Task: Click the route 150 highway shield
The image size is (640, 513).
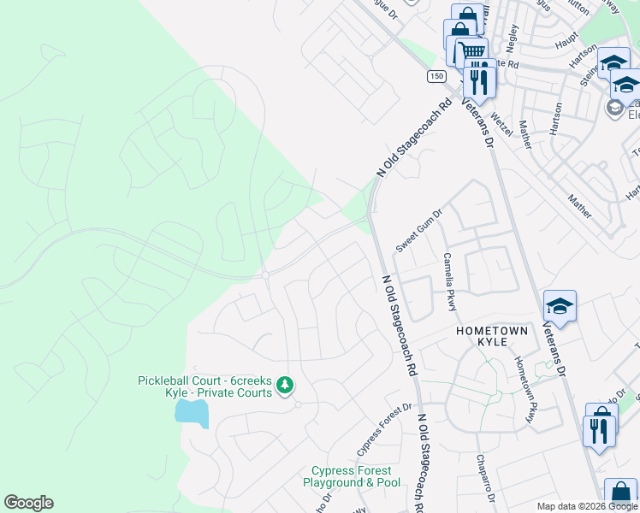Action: tap(437, 76)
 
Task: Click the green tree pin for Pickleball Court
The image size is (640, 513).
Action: tap(286, 387)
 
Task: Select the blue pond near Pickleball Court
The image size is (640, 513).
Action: tap(191, 413)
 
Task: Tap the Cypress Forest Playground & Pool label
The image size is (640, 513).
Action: tap(351, 476)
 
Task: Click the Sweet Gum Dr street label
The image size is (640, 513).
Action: tap(418, 232)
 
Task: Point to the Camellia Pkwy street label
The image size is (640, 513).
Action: tap(448, 282)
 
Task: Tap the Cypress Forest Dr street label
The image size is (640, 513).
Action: tap(384, 429)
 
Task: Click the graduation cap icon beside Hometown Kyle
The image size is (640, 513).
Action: tap(560, 307)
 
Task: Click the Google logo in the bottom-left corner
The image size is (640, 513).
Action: tap(28, 503)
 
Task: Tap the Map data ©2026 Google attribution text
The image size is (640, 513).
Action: tap(586, 506)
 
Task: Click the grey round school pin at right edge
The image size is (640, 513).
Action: tap(614, 108)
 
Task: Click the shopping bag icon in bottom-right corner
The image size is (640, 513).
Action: tap(619, 494)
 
